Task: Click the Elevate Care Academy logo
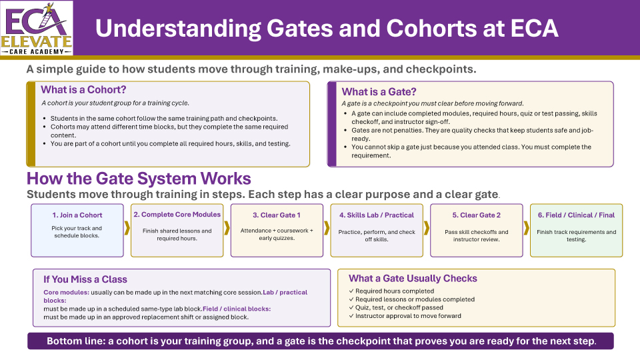37,28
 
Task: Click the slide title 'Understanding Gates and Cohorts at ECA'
327,29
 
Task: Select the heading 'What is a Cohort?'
83,89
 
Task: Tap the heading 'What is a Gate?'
379,92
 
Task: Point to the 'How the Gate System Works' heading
139,179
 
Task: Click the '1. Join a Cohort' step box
77,230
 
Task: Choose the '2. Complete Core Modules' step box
177,230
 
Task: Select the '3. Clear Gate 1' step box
277,230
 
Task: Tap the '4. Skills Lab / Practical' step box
377,230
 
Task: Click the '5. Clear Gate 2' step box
476,230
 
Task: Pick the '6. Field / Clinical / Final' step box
576,230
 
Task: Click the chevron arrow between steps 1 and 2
127,228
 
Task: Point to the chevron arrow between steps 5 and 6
527,228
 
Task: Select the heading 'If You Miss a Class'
85,279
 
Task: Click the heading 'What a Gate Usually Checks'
413,278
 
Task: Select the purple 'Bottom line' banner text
321,341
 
